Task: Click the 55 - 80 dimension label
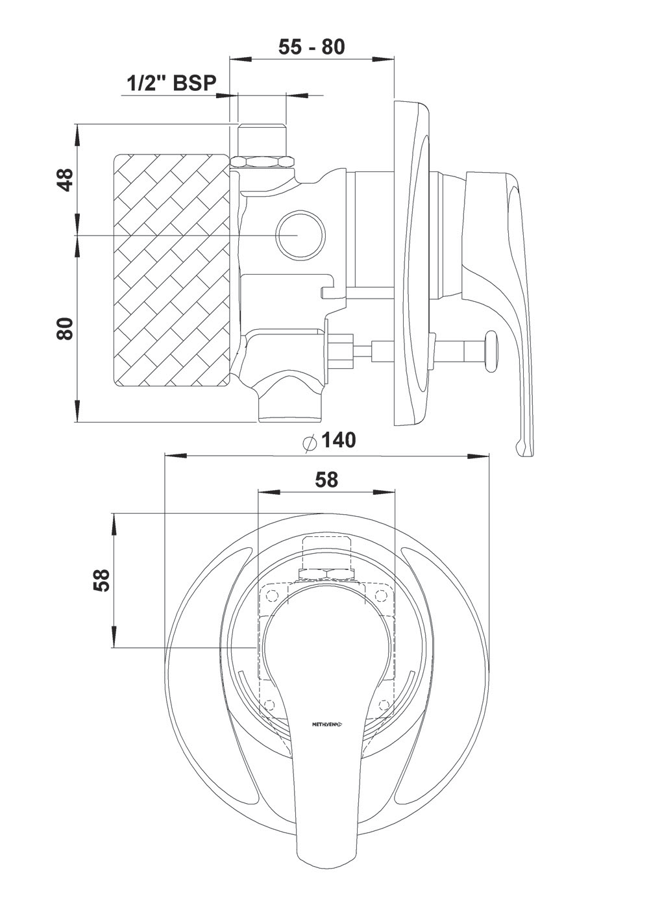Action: point(312,47)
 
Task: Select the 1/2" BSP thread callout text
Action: point(171,82)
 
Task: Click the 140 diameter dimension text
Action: point(338,440)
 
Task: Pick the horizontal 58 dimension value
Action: point(326,480)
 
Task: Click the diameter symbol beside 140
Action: point(310,441)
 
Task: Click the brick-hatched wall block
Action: point(172,269)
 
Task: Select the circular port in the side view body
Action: point(299,234)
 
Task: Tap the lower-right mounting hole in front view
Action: point(384,703)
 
